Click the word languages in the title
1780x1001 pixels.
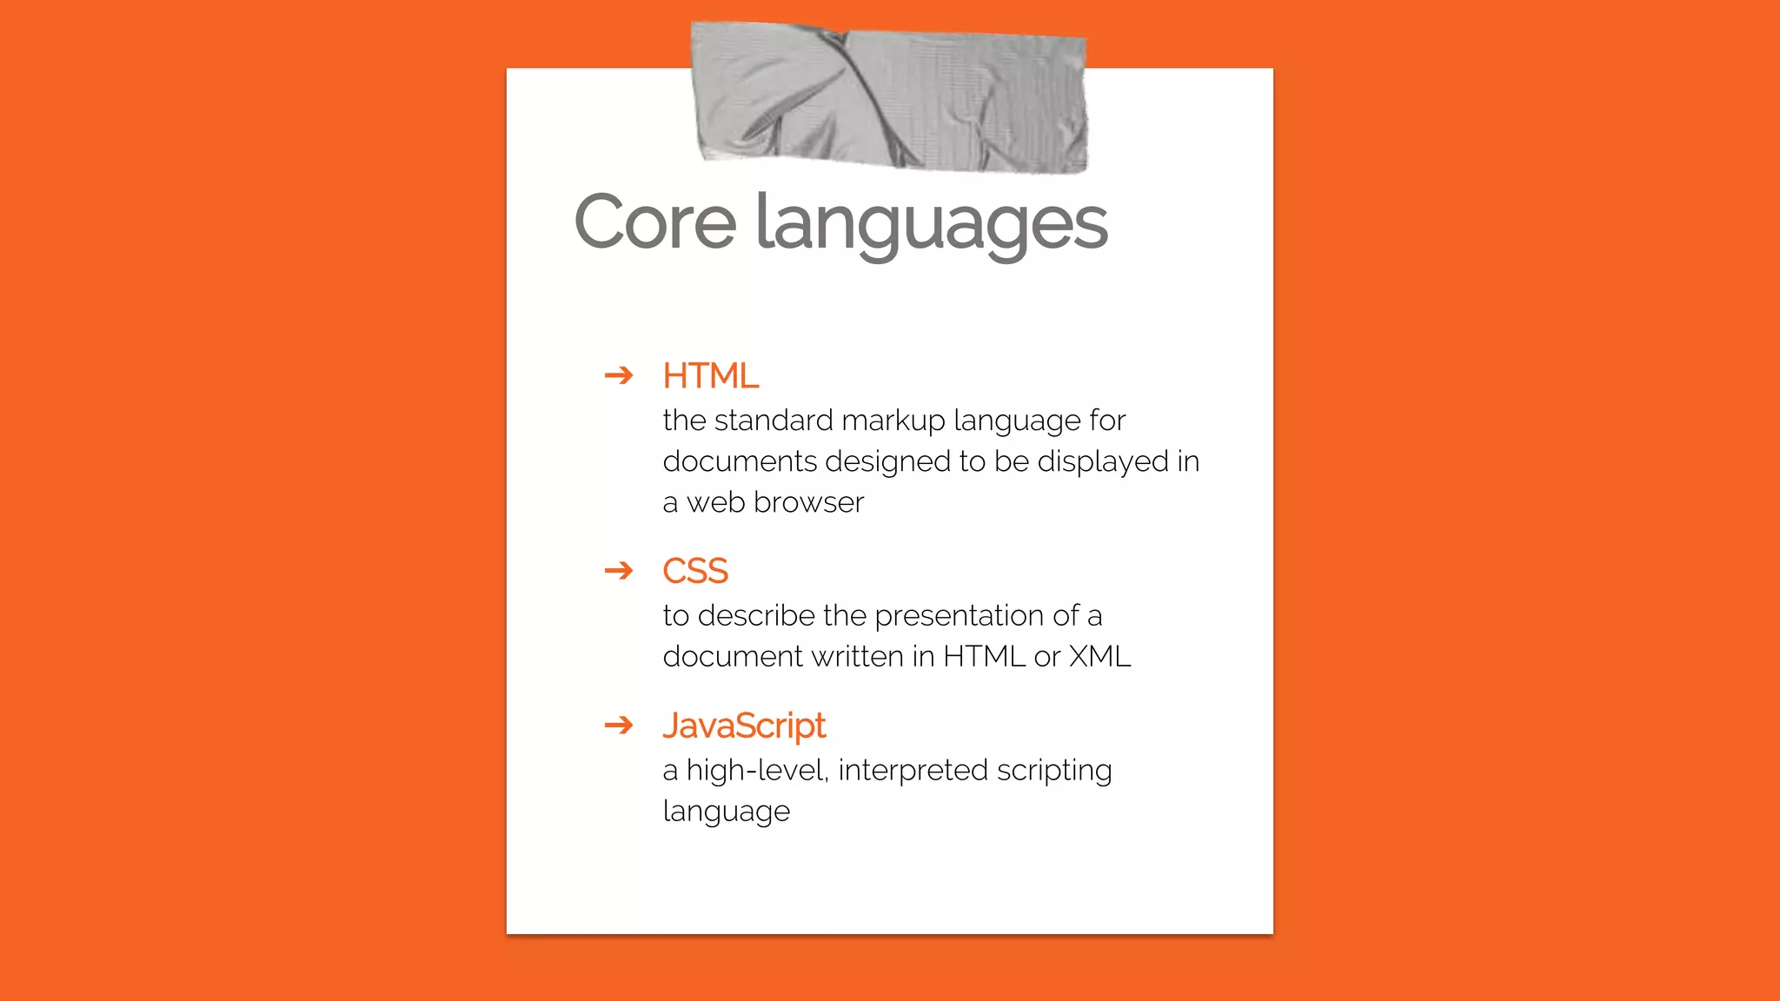(931, 224)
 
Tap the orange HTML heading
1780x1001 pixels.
(710, 376)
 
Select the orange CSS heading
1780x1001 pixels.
(694, 571)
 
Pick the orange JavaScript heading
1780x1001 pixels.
(743, 726)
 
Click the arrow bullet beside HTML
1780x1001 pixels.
(619, 375)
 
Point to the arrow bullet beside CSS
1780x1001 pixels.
(619, 570)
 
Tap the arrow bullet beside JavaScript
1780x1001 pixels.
(619, 725)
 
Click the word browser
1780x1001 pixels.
(808, 502)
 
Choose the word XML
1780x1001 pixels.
(1099, 657)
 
